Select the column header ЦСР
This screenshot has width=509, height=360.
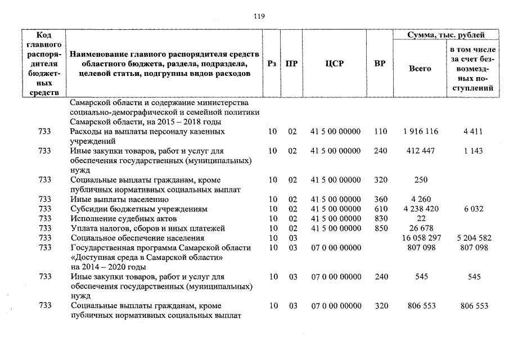tap(334, 64)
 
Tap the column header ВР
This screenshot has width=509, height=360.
tap(380, 64)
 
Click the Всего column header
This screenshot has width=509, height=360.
tap(420, 68)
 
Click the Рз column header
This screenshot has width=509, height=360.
tap(272, 64)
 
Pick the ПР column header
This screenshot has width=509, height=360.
tap(291, 64)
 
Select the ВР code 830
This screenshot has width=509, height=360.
tap(381, 218)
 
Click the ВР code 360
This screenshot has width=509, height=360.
tap(381, 199)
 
